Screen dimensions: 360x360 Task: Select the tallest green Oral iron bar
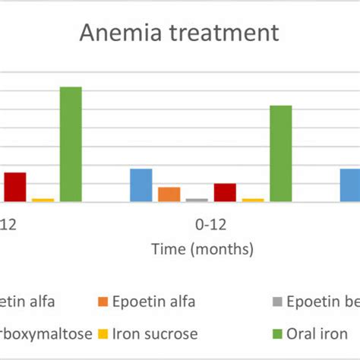point(71,144)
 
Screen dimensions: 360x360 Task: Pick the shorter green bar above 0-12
point(280,153)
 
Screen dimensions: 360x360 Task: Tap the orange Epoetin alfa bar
point(169,194)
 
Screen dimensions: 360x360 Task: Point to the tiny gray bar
point(197,200)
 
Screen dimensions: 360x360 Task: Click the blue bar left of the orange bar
point(141,185)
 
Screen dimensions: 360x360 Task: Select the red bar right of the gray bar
point(225,193)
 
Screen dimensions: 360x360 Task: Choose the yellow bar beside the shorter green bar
point(252,200)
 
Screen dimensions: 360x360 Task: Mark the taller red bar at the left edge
point(14,187)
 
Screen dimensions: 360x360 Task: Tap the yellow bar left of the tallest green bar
point(43,200)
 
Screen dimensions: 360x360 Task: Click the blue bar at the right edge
point(349,185)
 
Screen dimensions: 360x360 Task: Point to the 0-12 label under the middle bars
point(210,225)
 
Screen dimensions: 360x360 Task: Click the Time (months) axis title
point(202,249)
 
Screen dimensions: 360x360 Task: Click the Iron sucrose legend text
point(155,333)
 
